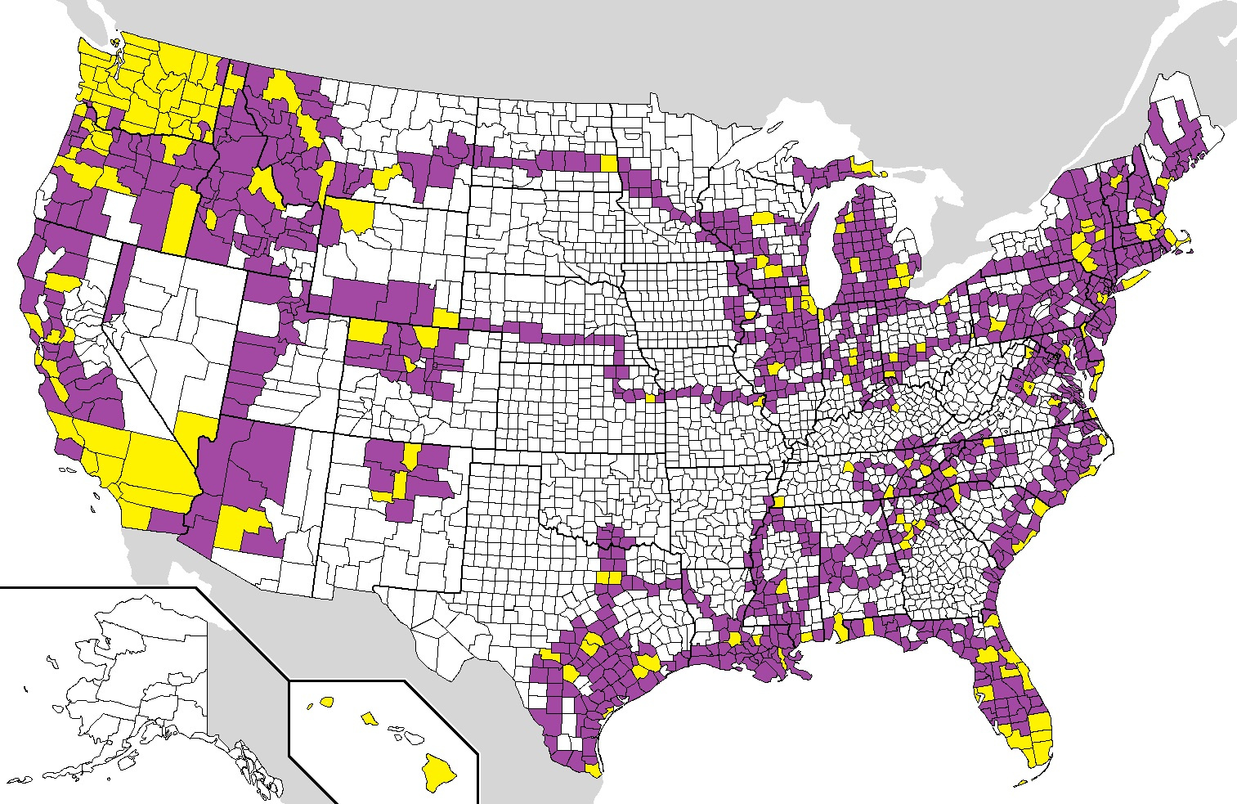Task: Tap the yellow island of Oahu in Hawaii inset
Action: [369, 719]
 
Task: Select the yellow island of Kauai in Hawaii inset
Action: [326, 701]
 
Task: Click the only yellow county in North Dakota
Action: [609, 163]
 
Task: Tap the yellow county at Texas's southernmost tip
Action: [594, 770]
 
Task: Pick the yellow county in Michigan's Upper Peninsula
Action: [862, 166]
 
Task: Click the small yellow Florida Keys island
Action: [1020, 783]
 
